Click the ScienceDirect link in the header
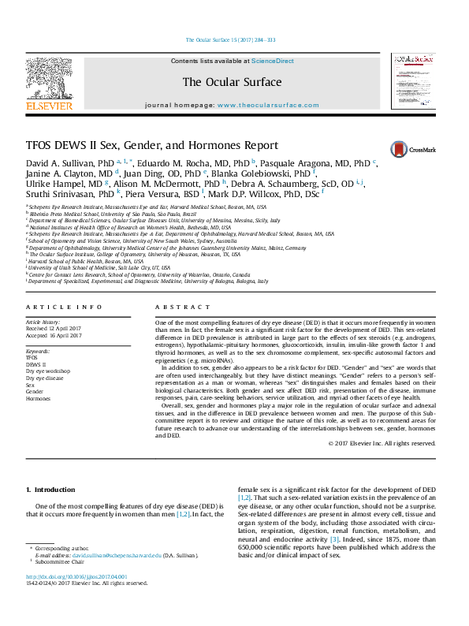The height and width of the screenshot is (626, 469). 273,61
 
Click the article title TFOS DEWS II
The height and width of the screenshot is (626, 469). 152,146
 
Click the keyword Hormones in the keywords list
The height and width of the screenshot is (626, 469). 38,399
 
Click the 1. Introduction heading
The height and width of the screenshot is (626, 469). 51,490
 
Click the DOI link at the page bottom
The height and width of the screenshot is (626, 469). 77,577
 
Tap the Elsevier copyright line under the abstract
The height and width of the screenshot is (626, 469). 382,444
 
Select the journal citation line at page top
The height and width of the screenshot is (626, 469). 230,39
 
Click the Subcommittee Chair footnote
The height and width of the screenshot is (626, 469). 59,562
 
